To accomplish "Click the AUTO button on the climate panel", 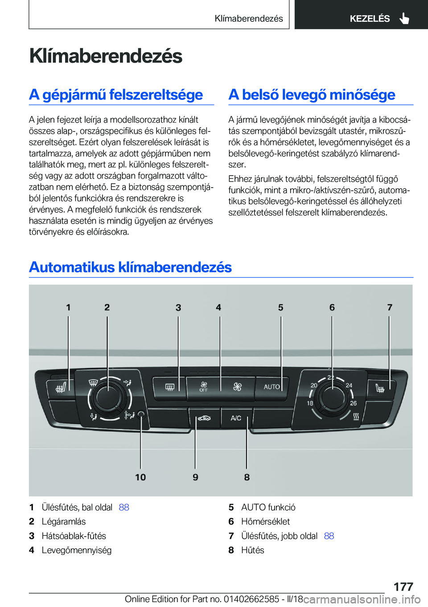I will pyautogui.click(x=272, y=387).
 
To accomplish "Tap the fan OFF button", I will pyautogui.click(x=204, y=387).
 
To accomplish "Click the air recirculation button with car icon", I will pyautogui.click(x=204, y=418).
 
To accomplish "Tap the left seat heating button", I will pyautogui.click(x=61, y=389).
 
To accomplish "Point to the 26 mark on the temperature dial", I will pyautogui.click(x=353, y=403).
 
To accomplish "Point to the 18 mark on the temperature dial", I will pyautogui.click(x=310, y=403).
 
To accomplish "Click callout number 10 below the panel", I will pyautogui.click(x=140, y=477).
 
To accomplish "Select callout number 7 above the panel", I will pyautogui.click(x=390, y=308).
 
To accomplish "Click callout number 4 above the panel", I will pyautogui.click(x=218, y=308).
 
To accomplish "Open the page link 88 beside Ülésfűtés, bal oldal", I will pyautogui.click(x=124, y=507).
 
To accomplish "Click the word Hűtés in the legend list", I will pyautogui.click(x=252, y=550).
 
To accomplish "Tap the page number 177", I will pyautogui.click(x=403, y=586).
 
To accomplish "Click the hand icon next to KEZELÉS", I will pyautogui.click(x=404, y=18).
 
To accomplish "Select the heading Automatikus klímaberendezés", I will pyautogui.click(x=130, y=267).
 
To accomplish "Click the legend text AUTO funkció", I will pyautogui.click(x=268, y=507).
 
